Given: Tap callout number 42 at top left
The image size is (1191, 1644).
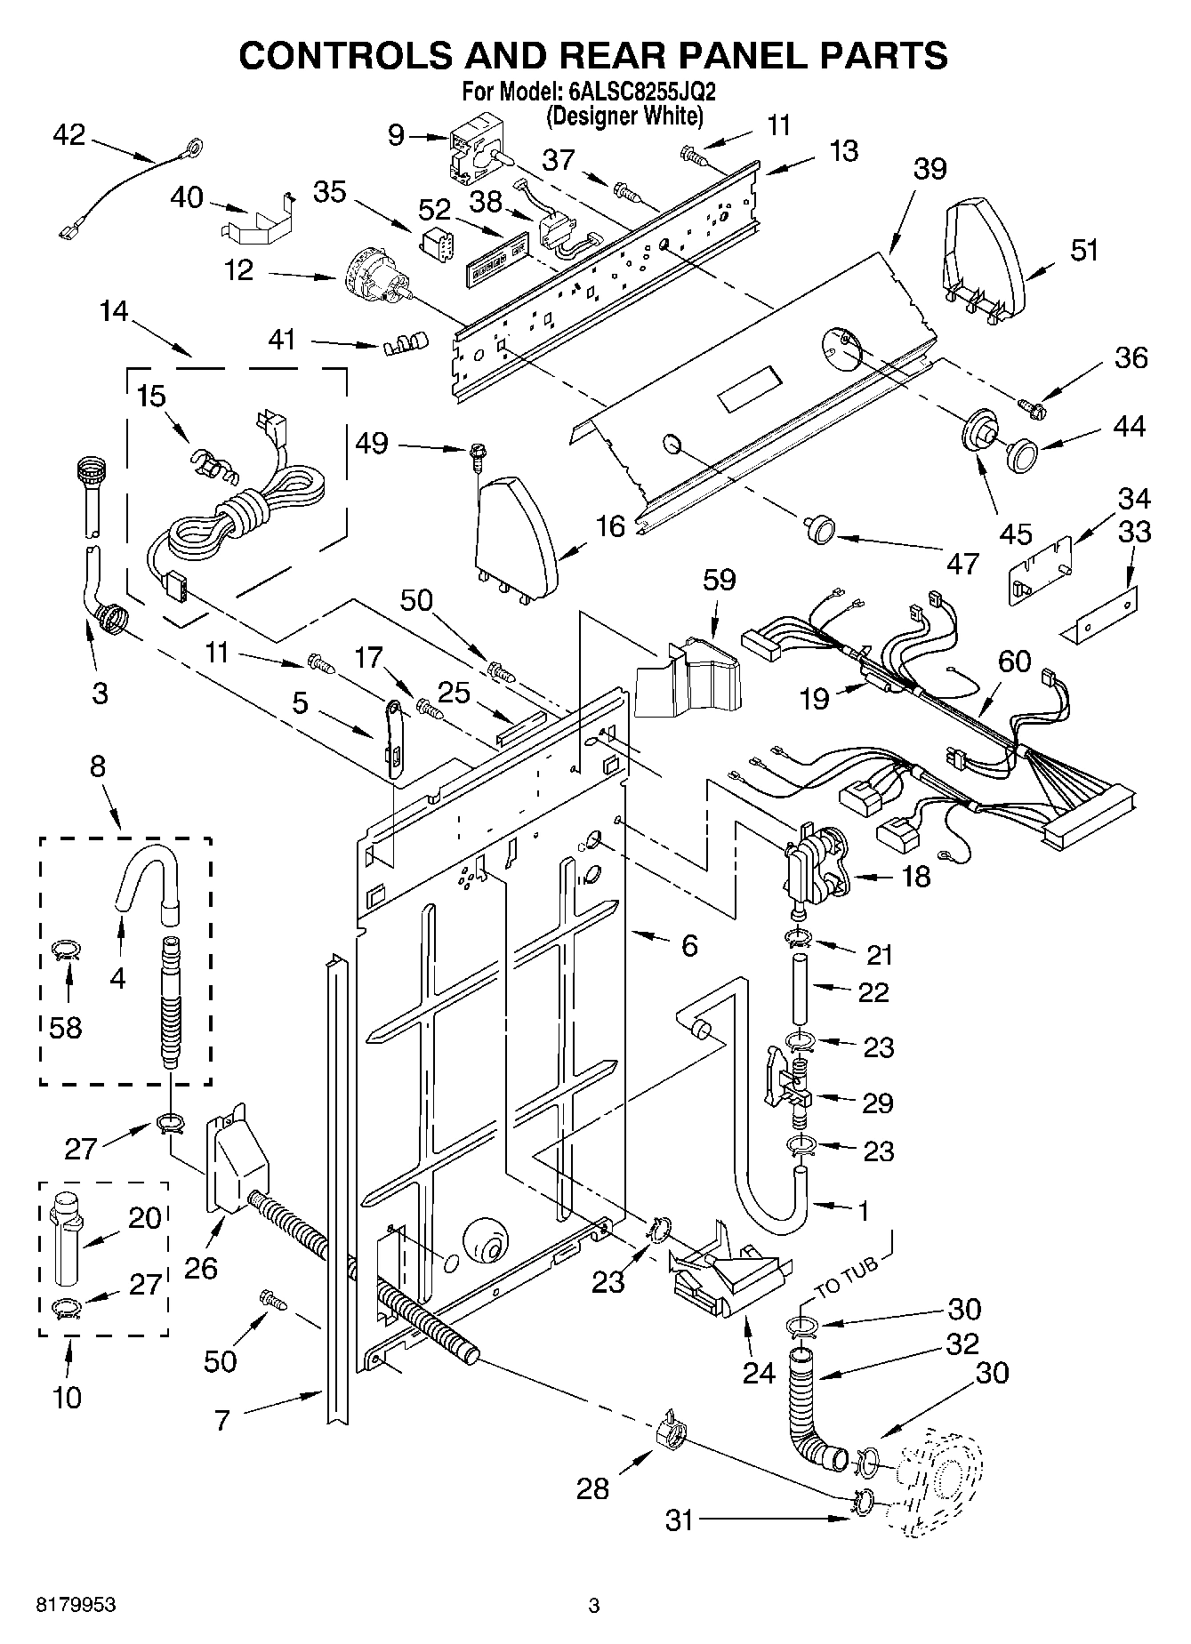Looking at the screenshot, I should [68, 135].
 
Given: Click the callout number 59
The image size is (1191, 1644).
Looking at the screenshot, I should [719, 579].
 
